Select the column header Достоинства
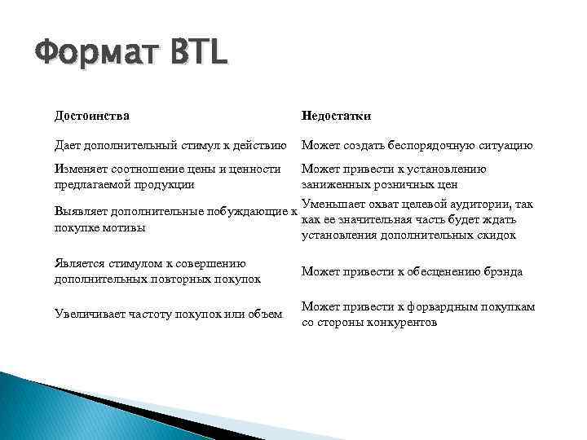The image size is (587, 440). [91, 116]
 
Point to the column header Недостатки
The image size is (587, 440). [336, 116]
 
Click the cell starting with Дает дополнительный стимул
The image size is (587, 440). [170, 146]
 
